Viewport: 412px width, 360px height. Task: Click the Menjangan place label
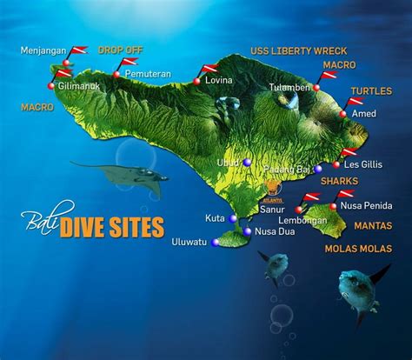(x=43, y=52)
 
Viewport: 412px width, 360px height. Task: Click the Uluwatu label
(x=189, y=241)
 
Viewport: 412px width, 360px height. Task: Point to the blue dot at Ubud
(x=247, y=163)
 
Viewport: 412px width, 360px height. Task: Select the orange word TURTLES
(x=371, y=90)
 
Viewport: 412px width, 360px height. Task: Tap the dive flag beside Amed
(x=356, y=103)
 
